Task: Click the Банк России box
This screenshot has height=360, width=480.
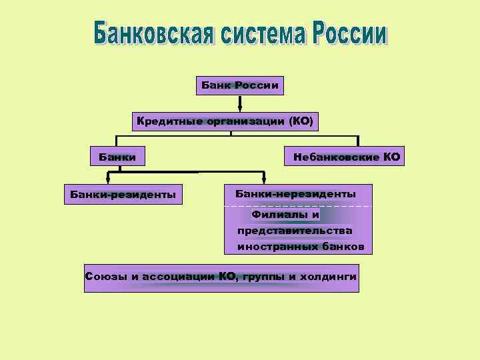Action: click(x=240, y=85)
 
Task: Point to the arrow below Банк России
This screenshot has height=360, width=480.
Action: click(x=240, y=104)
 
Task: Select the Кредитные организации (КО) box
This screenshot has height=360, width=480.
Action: click(x=225, y=121)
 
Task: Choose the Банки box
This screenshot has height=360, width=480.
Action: click(x=117, y=158)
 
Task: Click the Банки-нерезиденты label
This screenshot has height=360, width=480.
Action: click(x=295, y=193)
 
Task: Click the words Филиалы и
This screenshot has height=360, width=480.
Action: click(x=285, y=215)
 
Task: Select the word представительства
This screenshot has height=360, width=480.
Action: click(x=295, y=231)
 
